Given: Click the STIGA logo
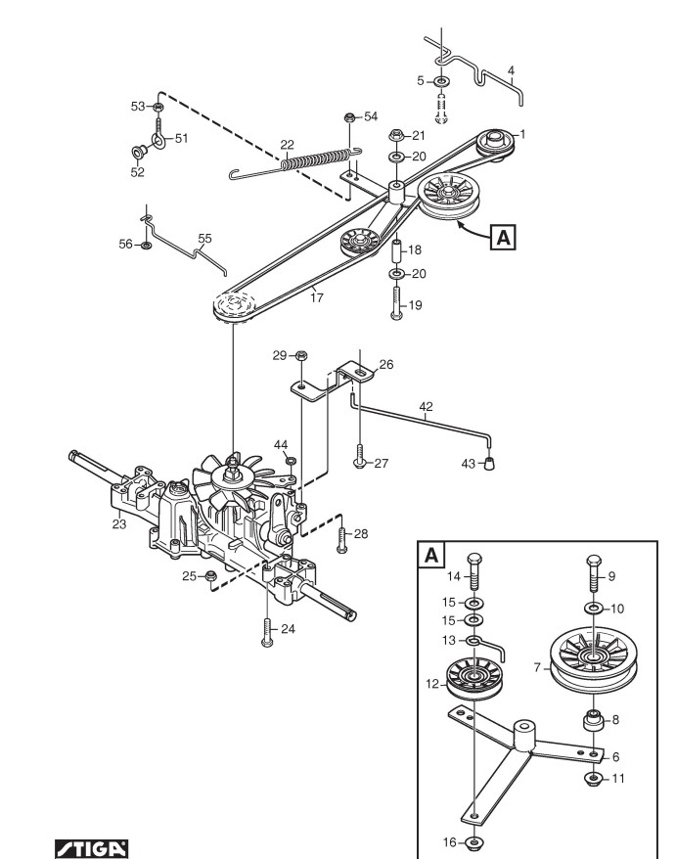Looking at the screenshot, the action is (x=92, y=848).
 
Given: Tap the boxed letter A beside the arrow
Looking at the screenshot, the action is (x=503, y=237).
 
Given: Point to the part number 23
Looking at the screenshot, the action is (x=119, y=524).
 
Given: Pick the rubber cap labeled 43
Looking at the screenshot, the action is (x=490, y=464).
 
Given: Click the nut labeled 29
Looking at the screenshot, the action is (x=300, y=355).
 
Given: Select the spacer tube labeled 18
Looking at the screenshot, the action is (x=396, y=249).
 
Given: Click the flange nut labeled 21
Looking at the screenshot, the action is (x=396, y=135).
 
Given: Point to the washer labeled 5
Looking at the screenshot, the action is (x=441, y=81).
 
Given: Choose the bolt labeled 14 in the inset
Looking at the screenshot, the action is (x=474, y=572).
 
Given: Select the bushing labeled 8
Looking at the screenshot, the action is (x=593, y=720).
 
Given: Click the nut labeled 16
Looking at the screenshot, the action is (x=473, y=841).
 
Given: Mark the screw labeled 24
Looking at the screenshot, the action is (x=267, y=633).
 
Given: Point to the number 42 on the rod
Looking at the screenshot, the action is (x=426, y=406).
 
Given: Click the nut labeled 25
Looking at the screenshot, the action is (x=209, y=576).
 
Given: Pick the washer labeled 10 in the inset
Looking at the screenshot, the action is (x=593, y=609).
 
